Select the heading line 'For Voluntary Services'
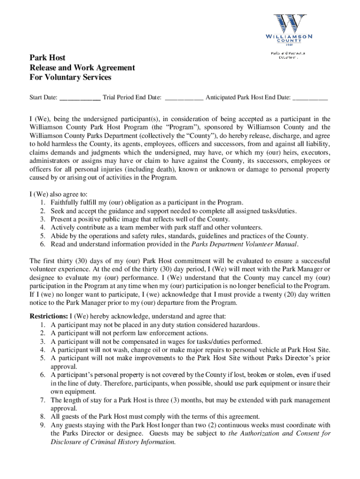tap(70, 77)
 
